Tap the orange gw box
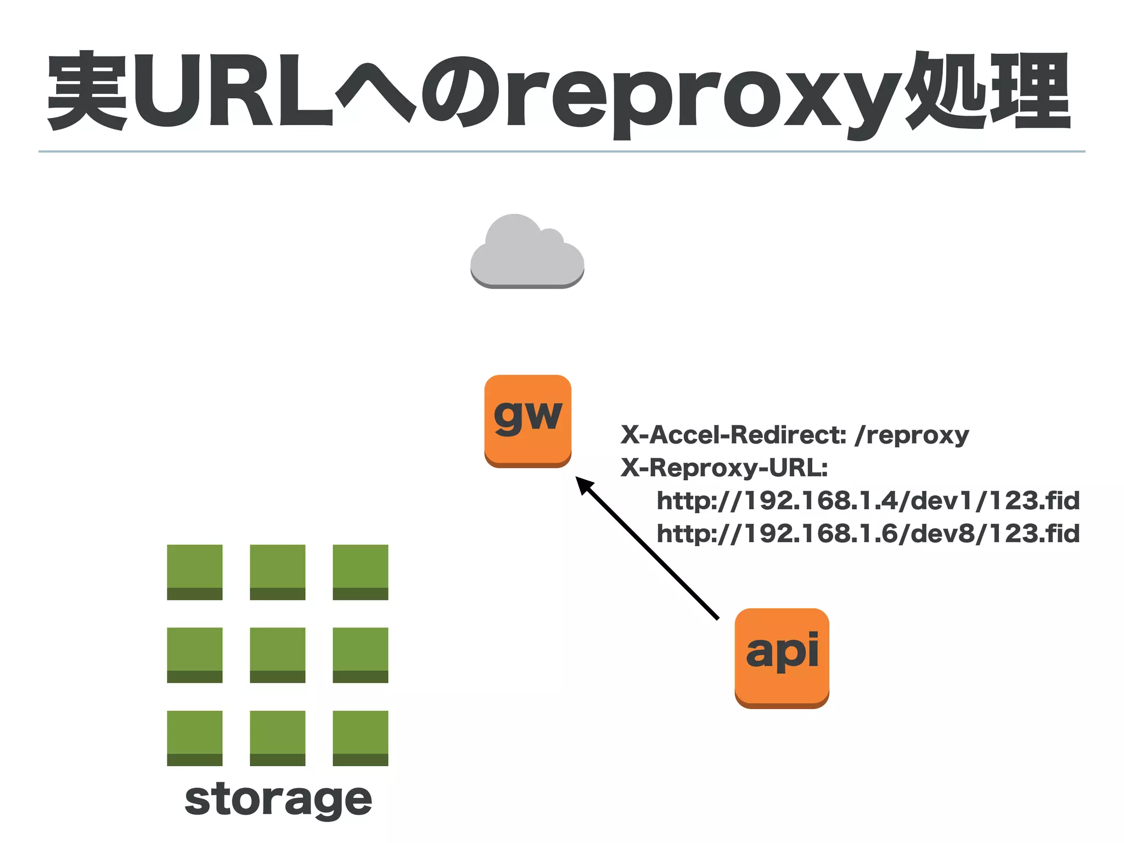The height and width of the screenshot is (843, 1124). click(x=527, y=420)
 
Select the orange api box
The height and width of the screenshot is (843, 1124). click(x=782, y=657)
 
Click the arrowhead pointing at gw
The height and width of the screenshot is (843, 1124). click(x=584, y=486)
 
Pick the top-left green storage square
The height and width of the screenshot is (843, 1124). click(x=195, y=572)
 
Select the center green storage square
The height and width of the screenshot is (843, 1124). click(x=278, y=655)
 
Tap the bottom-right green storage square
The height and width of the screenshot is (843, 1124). click(x=360, y=738)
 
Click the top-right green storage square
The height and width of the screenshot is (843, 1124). click(x=360, y=572)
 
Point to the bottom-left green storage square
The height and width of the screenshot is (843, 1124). click(x=195, y=738)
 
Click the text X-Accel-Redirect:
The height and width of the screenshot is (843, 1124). click(x=733, y=435)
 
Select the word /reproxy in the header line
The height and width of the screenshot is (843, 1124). click(x=912, y=435)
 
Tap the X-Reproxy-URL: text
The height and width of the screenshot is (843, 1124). click(x=724, y=468)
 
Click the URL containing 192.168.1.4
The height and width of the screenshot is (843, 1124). click(x=868, y=501)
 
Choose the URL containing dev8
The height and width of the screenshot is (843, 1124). click(x=868, y=534)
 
